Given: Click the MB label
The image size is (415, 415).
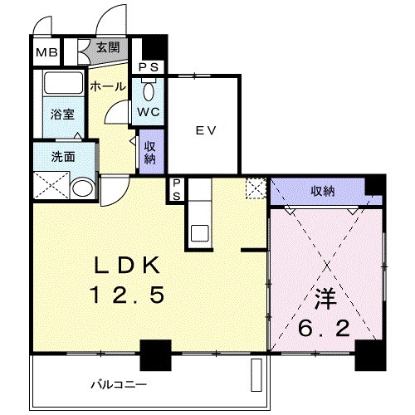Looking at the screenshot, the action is [46, 52].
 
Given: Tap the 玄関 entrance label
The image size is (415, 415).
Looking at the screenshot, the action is [108, 48].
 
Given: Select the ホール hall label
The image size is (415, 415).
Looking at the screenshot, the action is [108, 86].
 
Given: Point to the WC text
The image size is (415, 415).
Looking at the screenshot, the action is [149, 112].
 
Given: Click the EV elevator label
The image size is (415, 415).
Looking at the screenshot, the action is [206, 130].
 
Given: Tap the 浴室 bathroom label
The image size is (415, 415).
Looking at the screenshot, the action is [62, 115].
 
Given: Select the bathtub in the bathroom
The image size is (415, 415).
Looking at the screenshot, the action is [63, 82].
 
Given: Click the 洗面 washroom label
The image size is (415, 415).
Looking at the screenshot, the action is [63, 157].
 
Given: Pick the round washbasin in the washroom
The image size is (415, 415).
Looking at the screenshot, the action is [83, 188].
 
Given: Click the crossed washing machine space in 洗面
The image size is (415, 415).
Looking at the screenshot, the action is [51, 185].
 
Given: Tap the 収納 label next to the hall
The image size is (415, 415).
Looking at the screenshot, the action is [149, 153].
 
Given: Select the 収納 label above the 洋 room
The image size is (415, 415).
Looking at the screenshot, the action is [323, 191].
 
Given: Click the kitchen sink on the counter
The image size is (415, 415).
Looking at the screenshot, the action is [200, 233].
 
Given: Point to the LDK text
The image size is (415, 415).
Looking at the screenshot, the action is [127, 265].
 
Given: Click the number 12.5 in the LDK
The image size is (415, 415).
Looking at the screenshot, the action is [127, 295].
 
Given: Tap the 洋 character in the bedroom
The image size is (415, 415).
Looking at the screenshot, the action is [325, 300].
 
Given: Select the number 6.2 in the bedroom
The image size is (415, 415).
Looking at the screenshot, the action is [324, 329].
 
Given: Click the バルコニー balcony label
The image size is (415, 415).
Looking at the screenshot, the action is [119, 384].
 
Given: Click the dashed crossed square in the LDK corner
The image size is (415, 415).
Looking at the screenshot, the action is [256, 188].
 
